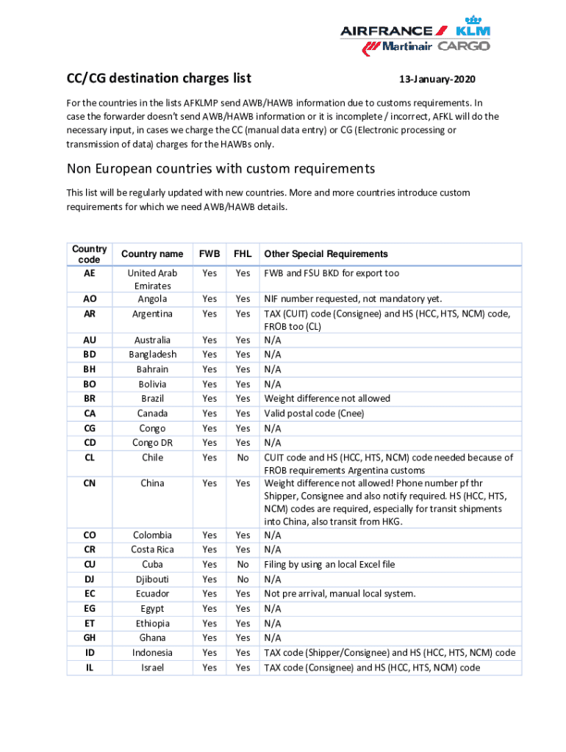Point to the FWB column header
pyautogui.click(x=209, y=254)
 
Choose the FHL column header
pyautogui.click(x=243, y=254)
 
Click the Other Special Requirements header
pyautogui.click(x=326, y=254)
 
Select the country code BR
pyautogui.click(x=89, y=399)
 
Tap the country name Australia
pyautogui.click(x=152, y=340)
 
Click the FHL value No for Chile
pyautogui.click(x=243, y=458)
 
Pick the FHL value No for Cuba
pyautogui.click(x=243, y=565)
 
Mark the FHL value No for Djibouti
pyautogui.click(x=243, y=579)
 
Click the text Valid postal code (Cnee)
pyautogui.click(x=314, y=413)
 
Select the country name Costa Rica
pyautogui.click(x=152, y=550)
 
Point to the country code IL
pyautogui.click(x=89, y=668)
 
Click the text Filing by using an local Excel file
pyautogui.click(x=329, y=565)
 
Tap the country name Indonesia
pyautogui.click(x=152, y=653)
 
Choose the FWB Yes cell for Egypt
pyautogui.click(x=209, y=609)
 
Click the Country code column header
pyautogui.click(x=89, y=254)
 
